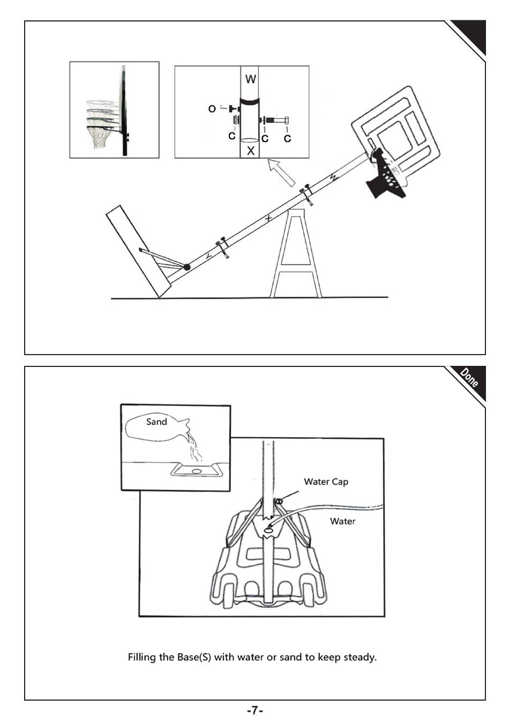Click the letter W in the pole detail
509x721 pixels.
(250, 79)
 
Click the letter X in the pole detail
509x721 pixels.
(250, 151)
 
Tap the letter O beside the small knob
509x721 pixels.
(212, 109)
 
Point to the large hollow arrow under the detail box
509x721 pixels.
(282, 172)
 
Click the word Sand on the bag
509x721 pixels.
(156, 422)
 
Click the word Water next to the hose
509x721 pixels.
(342, 521)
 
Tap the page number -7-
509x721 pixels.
(254, 710)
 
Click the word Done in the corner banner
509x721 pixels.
(469, 378)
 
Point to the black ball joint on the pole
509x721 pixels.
(186, 267)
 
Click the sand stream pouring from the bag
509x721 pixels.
(194, 446)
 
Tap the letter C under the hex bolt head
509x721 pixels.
(288, 138)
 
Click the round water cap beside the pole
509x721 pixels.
(279, 501)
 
